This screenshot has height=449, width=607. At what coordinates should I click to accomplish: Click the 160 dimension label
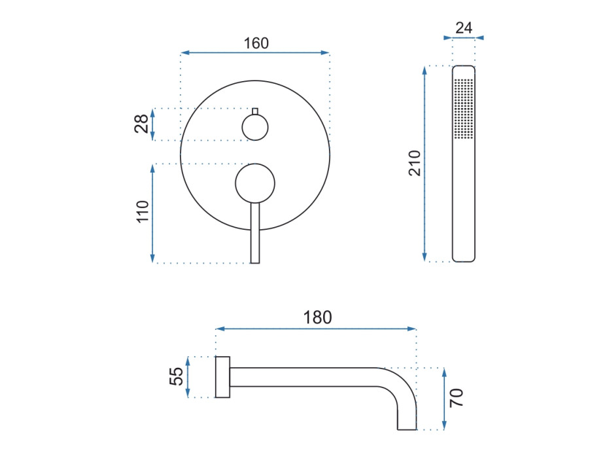[x=256, y=43]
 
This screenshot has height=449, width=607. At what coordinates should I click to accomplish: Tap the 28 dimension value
[x=142, y=124]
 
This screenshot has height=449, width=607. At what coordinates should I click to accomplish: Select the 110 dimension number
[x=143, y=211]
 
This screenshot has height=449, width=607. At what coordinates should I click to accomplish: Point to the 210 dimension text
[x=414, y=163]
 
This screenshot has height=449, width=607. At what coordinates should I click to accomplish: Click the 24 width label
[x=464, y=28]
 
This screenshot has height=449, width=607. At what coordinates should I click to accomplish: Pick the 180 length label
[x=317, y=317]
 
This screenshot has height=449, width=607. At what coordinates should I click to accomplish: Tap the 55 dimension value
[x=176, y=376]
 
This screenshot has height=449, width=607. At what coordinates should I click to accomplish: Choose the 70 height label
[x=457, y=397]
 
